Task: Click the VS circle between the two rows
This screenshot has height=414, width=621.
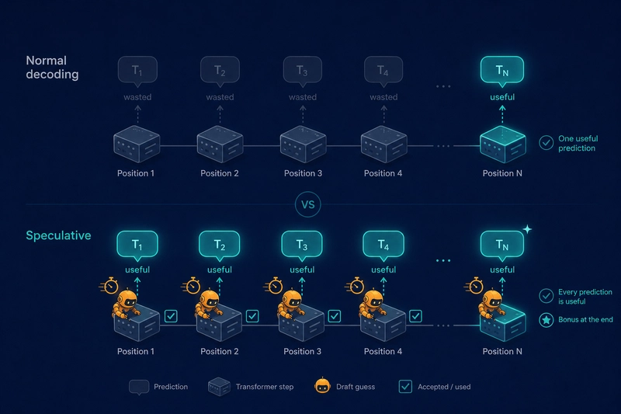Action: [x=307, y=204]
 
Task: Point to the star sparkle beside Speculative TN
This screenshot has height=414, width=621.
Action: [x=527, y=229]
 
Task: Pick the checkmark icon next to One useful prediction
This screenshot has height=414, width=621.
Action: [x=546, y=143]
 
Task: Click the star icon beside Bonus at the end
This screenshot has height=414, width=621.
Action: [x=546, y=320]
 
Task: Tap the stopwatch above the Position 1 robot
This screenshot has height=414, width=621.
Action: [x=109, y=285]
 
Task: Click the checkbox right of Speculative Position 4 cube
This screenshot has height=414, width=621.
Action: [x=415, y=316]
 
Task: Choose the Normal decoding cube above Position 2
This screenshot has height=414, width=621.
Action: [x=220, y=144]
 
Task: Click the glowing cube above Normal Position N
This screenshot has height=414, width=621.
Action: [x=502, y=144]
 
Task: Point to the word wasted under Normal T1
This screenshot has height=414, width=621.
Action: [x=137, y=97]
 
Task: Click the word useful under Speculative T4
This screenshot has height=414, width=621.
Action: [x=383, y=270]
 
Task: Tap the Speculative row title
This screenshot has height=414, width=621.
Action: [x=59, y=235]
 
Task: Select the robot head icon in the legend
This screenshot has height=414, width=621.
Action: [x=322, y=385]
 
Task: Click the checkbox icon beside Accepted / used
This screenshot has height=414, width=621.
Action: [x=405, y=386]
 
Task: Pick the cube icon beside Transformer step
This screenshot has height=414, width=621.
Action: [x=219, y=387]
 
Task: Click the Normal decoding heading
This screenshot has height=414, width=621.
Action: [x=52, y=68]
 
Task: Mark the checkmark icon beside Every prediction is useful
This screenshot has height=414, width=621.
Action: [x=546, y=296]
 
